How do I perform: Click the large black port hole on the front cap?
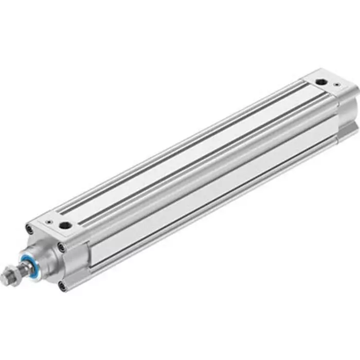coord(66,226)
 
